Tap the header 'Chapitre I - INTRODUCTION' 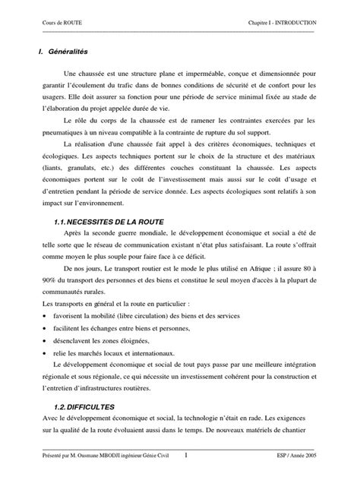pos(283,24)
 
